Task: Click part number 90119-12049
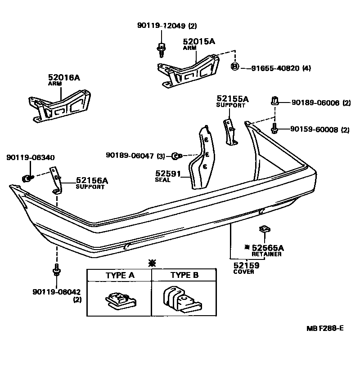tap(161, 26)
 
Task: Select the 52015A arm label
tap(199, 41)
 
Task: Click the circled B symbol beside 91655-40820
tap(234, 67)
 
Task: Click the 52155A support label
tap(232, 98)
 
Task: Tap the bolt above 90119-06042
tap(56, 272)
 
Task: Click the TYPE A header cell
tap(119, 275)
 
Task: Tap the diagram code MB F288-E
tap(325, 328)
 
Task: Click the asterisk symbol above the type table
tap(152, 262)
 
